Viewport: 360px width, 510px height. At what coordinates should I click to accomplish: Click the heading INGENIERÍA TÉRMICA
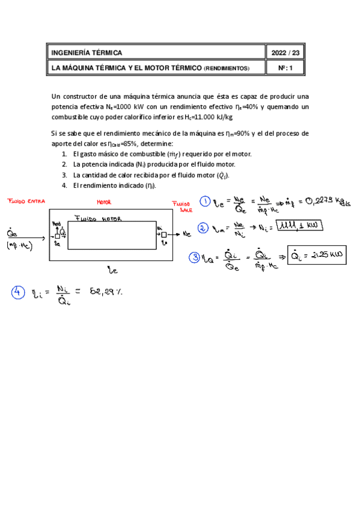point(87,53)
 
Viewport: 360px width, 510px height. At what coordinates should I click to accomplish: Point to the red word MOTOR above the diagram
point(104,203)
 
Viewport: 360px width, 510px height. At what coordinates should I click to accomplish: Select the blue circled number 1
point(206,202)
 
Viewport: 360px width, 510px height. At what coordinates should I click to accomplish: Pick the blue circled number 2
point(203,228)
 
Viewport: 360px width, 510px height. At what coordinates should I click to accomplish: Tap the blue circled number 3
point(194,257)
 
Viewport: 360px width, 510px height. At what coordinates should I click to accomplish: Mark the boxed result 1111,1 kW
point(299,226)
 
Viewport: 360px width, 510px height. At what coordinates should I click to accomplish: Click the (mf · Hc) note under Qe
point(19,247)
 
